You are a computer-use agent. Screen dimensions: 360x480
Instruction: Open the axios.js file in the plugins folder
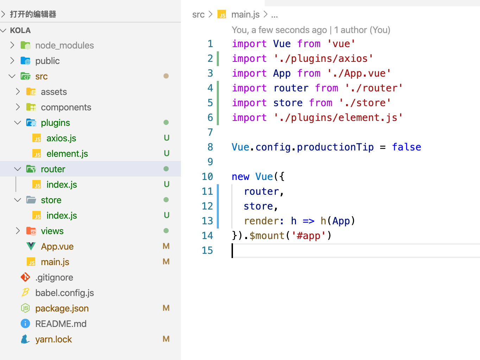pos(61,138)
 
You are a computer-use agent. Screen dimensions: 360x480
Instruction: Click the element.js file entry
pos(67,154)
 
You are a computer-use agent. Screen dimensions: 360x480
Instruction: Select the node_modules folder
pos(64,45)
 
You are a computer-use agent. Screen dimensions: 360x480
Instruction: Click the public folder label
pos(48,61)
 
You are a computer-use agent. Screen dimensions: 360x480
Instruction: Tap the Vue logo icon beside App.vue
pos(31,246)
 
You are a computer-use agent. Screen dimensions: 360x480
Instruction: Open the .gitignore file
pos(54,277)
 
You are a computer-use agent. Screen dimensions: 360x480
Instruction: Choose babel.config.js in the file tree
pos(64,293)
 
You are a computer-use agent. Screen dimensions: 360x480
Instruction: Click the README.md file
pos(61,324)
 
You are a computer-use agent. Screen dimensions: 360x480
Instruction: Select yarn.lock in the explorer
pos(53,339)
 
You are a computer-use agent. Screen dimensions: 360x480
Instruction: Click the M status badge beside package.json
pos(166,308)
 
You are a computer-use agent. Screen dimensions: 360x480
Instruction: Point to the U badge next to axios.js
pos(166,138)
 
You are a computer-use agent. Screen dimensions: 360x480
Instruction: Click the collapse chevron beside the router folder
pos(18,169)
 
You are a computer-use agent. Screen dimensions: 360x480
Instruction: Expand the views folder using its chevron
pos(18,231)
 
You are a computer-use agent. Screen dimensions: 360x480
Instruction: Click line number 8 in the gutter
pos(210,147)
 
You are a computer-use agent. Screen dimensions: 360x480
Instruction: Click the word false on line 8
pos(406,147)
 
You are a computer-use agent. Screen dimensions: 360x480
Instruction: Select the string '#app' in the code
pos(309,236)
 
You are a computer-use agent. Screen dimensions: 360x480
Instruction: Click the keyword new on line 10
pos(240,176)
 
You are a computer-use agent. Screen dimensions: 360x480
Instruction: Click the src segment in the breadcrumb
pos(198,15)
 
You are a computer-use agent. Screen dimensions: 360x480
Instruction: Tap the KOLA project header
pos(20,30)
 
